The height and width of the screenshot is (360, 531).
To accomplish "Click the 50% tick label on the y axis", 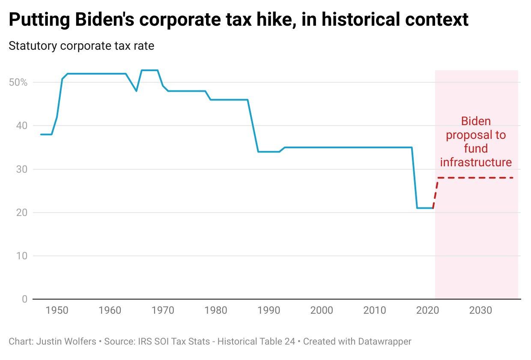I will [18, 82].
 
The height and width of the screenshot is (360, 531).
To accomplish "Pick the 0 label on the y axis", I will [24, 299].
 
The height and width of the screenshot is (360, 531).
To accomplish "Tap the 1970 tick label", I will [163, 310].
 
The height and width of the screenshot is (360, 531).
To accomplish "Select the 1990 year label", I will [268, 310].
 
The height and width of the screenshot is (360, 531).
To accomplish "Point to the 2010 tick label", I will [374, 310].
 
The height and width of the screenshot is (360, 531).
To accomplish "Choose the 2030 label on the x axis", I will [480, 310].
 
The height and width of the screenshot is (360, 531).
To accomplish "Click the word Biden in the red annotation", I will [476, 121].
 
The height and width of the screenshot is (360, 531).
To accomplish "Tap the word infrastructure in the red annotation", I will [476, 162].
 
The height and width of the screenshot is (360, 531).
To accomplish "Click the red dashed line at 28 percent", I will [475, 178].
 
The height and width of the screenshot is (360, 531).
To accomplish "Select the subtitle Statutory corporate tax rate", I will [81, 46].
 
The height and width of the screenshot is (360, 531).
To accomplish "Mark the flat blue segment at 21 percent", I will [425, 208].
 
